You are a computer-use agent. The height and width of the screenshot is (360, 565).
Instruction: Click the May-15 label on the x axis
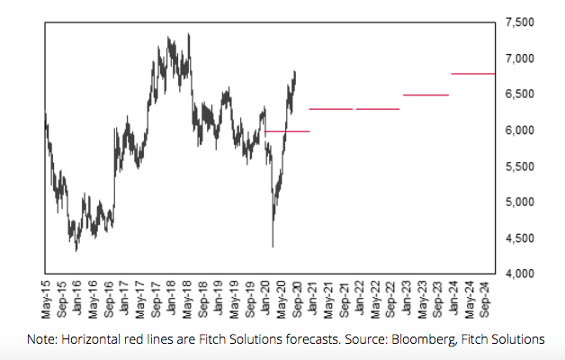point(46,299)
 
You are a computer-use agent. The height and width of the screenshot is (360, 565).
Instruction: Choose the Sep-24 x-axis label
point(486,299)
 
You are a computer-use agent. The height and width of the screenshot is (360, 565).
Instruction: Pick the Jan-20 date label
point(266,299)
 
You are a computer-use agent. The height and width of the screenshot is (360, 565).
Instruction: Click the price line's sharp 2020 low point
point(273,246)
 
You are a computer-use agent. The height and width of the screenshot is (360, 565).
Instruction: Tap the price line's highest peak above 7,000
point(188,34)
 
